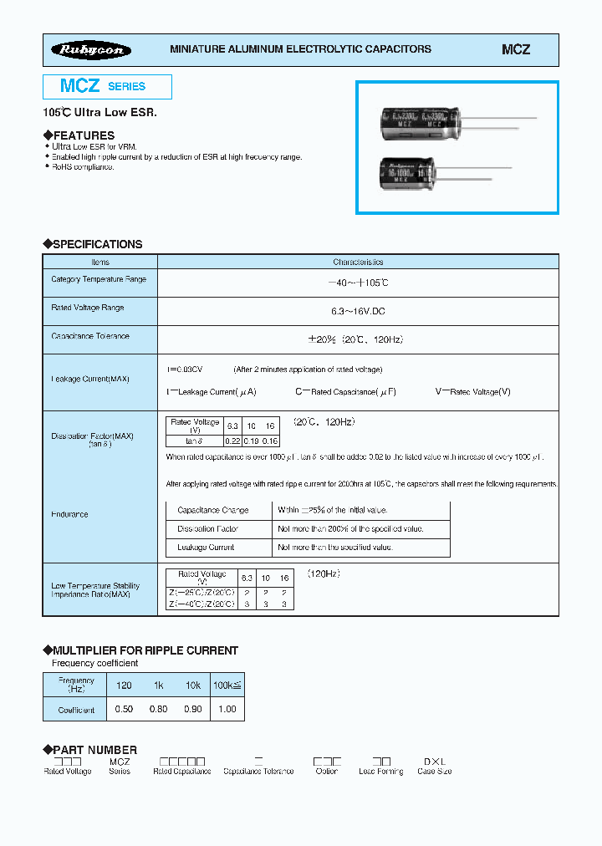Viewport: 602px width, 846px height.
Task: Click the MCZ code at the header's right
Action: click(515, 50)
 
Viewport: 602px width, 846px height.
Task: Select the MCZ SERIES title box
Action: click(107, 86)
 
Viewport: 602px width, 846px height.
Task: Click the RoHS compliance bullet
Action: click(83, 167)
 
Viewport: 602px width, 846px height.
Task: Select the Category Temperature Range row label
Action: click(99, 279)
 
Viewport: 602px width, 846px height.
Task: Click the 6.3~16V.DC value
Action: click(357, 311)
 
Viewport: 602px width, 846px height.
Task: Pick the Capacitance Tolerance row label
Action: click(90, 336)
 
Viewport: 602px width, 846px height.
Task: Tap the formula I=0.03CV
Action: click(185, 369)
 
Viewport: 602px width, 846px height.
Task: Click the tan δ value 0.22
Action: click(233, 441)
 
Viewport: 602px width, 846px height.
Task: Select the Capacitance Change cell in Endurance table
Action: click(213, 510)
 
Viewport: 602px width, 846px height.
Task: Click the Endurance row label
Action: click(69, 514)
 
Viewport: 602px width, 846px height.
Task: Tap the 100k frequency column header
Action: click(227, 685)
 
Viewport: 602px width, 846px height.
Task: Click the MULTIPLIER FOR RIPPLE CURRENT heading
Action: click(145, 650)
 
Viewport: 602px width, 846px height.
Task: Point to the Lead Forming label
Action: click(381, 771)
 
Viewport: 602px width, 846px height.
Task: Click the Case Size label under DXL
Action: click(435, 771)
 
